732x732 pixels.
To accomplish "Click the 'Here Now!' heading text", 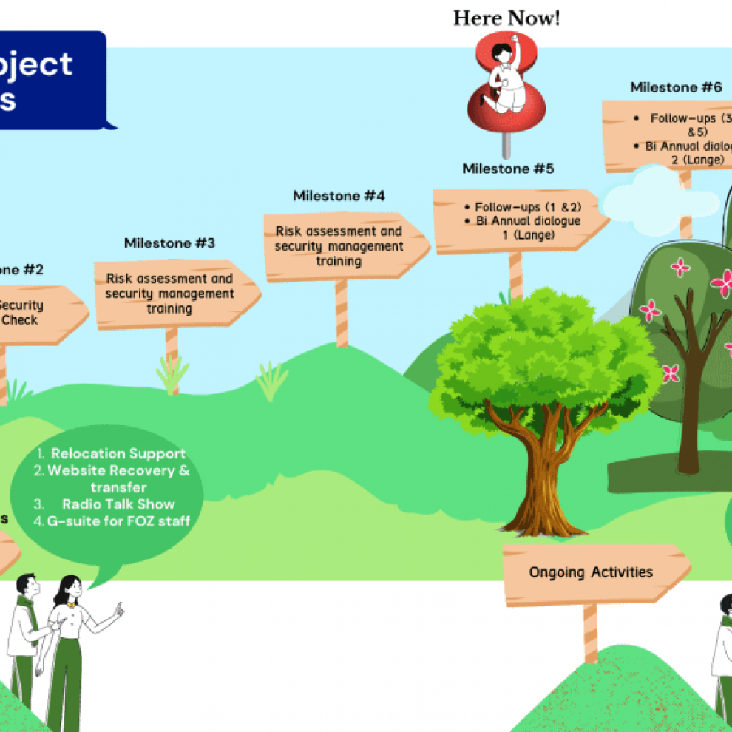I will point(506,18).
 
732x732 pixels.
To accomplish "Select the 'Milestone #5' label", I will point(508,169).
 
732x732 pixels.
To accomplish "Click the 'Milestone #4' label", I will point(339,196).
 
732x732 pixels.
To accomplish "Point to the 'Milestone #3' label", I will point(169,243).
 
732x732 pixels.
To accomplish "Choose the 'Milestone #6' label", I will point(675,87).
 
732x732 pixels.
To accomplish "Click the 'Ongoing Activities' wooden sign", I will point(591,572).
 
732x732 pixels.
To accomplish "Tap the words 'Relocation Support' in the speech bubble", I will point(118,453).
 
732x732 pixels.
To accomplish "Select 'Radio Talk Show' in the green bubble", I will point(118,504).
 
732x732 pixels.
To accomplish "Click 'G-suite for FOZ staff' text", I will point(117,521).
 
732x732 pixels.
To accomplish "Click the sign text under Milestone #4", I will point(339,246).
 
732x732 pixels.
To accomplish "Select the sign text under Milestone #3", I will point(169,294).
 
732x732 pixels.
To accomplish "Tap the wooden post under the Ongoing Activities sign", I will point(590,632).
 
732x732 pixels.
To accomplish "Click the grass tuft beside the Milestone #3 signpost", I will point(172,373).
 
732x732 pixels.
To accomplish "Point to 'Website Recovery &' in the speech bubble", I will point(118,471).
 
